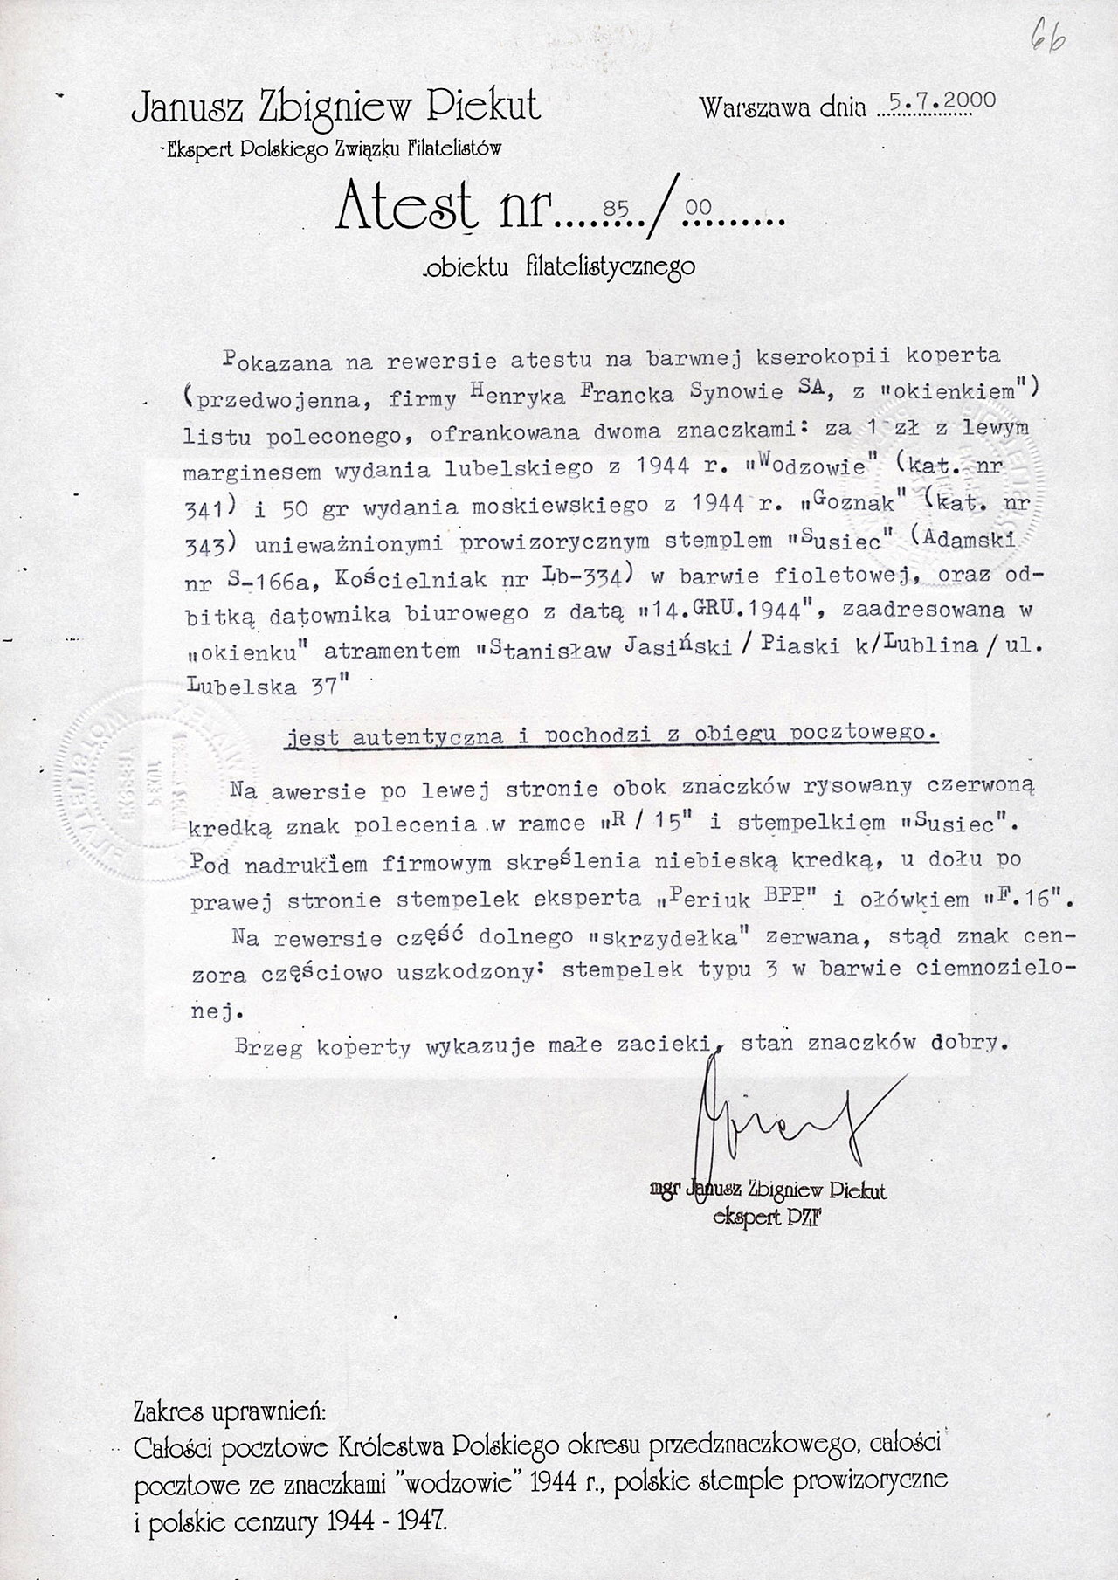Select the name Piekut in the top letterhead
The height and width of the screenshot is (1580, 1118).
click(487, 108)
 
